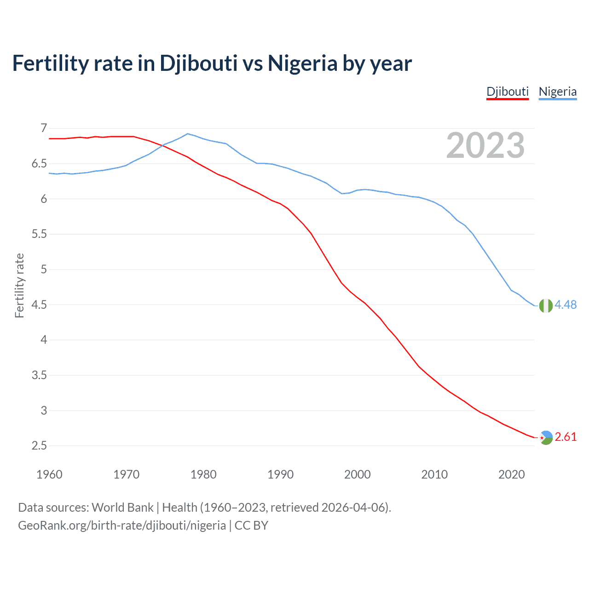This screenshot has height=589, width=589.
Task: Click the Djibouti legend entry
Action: [x=508, y=92]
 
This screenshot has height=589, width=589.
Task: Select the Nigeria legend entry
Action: [x=557, y=92]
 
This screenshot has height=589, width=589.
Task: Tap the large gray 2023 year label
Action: [x=485, y=145]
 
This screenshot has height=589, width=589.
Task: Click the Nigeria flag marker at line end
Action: [x=546, y=306]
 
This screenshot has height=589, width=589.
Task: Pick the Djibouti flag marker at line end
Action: [x=546, y=438]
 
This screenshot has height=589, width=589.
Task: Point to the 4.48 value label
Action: [x=566, y=305]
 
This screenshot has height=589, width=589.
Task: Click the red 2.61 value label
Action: [x=566, y=437]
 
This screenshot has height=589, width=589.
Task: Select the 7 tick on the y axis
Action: [x=44, y=128]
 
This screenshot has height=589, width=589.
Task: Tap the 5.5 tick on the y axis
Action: [x=40, y=234]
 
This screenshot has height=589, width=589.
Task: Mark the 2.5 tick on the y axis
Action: [x=40, y=446]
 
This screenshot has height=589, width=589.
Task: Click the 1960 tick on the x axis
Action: [x=49, y=474]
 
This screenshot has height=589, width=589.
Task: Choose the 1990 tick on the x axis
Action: [x=280, y=474]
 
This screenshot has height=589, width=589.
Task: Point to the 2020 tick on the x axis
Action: [x=511, y=474]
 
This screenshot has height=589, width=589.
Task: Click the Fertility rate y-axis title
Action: [x=19, y=285]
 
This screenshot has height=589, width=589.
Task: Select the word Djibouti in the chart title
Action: [x=198, y=63]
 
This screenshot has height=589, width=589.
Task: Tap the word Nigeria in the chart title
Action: [x=302, y=63]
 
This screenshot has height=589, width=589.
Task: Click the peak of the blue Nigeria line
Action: [x=187, y=133]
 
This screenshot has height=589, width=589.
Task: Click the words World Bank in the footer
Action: [x=122, y=508]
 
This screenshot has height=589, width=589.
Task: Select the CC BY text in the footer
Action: [x=251, y=525]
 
